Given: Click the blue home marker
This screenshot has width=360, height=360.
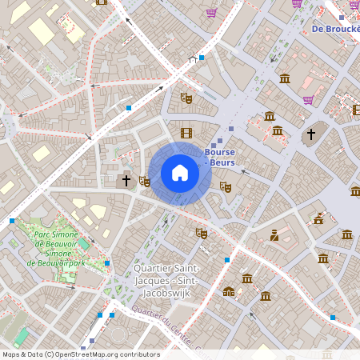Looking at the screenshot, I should click(180, 173).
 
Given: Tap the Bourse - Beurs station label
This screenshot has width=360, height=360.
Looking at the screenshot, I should click(219, 156).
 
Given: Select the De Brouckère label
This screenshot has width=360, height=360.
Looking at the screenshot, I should click(334, 30).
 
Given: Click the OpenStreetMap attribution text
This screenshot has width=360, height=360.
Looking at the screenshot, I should click(81, 354).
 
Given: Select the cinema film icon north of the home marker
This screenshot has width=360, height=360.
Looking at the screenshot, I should click(186, 133).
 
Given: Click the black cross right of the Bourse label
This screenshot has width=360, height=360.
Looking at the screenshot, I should click(312, 134).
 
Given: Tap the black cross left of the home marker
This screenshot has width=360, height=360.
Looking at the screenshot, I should click(126, 181).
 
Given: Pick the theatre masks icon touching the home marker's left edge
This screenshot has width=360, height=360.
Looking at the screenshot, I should click(145, 182).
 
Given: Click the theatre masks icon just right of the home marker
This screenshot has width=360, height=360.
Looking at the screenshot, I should click(226, 186).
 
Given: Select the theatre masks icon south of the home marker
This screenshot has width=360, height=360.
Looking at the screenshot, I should click(202, 233).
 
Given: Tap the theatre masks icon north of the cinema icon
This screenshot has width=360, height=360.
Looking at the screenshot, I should click(186, 98).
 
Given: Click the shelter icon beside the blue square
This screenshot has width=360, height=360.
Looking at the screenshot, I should click(192, 58).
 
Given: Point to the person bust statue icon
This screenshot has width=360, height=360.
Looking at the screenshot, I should click(274, 234).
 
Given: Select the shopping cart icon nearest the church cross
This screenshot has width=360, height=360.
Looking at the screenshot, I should click(308, 100).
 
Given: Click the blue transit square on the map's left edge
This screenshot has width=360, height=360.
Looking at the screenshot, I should click(11, 221).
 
